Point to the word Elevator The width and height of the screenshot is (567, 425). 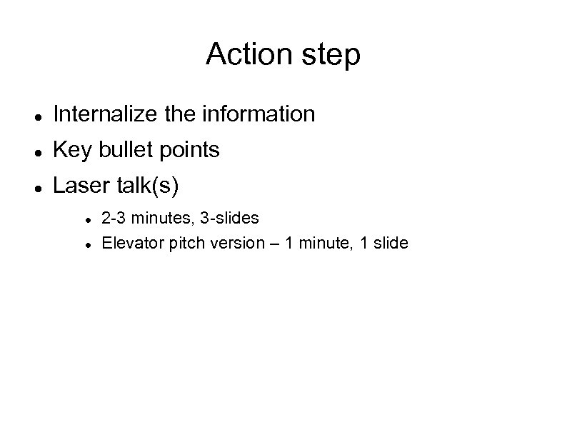pyautogui.click(x=132, y=243)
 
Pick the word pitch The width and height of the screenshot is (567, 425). pyautogui.click(x=184, y=244)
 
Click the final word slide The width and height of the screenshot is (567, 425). pyautogui.click(x=391, y=243)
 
